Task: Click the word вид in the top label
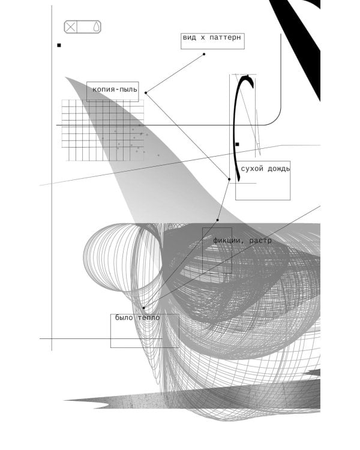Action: [190, 38]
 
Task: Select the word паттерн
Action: [226, 38]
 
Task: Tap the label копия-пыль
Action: [115, 89]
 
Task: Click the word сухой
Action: [252, 169]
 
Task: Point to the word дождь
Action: [279, 169]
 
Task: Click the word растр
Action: [260, 241]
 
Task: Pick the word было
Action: [124, 317]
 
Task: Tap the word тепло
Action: [149, 317]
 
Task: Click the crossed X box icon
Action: [70, 27]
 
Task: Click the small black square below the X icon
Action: [59, 45]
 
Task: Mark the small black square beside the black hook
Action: [237, 145]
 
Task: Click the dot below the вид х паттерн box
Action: [204, 54]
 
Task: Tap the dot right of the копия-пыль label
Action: [146, 92]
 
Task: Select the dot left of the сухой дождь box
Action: [229, 179]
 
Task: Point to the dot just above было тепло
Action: [143, 308]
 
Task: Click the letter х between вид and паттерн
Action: [203, 38]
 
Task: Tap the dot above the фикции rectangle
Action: [218, 220]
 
